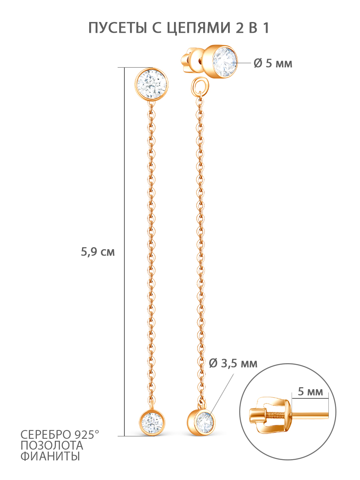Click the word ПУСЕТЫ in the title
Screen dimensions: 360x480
click(x=118, y=28)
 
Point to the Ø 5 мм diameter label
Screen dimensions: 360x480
click(x=273, y=64)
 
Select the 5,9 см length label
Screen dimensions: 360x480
click(x=98, y=252)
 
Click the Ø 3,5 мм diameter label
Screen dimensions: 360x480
click(x=233, y=364)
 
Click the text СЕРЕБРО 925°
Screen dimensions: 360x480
click(x=60, y=434)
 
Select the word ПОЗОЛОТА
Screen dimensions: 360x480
click(x=52, y=446)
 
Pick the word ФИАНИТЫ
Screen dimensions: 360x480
click(x=50, y=456)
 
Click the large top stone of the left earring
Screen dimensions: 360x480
click(x=151, y=84)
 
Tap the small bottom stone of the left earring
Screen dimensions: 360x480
click(x=152, y=424)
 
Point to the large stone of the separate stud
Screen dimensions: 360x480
click(x=225, y=62)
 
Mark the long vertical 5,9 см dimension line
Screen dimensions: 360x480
click(x=124, y=252)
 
